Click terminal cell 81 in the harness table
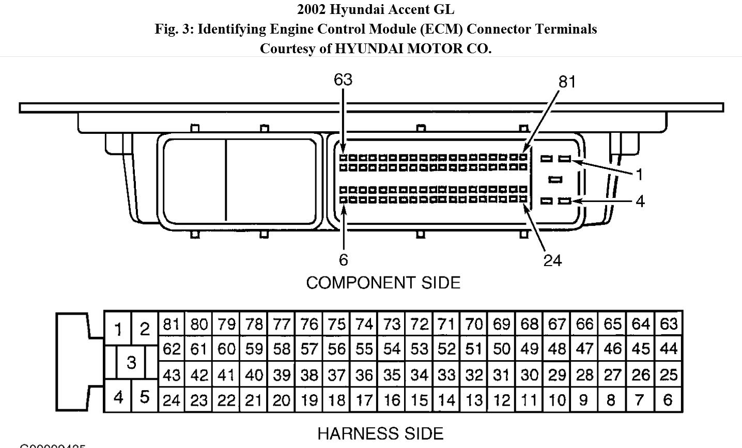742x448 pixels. point(171,324)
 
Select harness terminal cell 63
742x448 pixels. point(669,324)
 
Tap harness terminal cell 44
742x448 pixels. point(669,349)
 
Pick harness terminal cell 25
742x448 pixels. point(669,375)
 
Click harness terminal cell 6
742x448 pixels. point(669,399)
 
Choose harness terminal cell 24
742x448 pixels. point(171,399)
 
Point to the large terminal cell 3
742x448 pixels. point(131,362)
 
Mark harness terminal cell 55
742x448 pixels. point(364,349)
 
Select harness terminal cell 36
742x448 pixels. point(364,375)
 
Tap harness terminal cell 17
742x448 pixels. point(364,399)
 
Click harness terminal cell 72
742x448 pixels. point(420,324)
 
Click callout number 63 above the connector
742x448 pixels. point(343,80)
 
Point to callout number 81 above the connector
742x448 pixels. point(567,82)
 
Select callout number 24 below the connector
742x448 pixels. point(552,260)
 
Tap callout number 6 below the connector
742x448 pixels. point(344,259)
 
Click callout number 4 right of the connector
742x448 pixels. point(640,201)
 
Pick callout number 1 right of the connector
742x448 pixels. point(640,175)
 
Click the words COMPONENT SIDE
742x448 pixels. point(383,283)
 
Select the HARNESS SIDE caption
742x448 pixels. point(380,434)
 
